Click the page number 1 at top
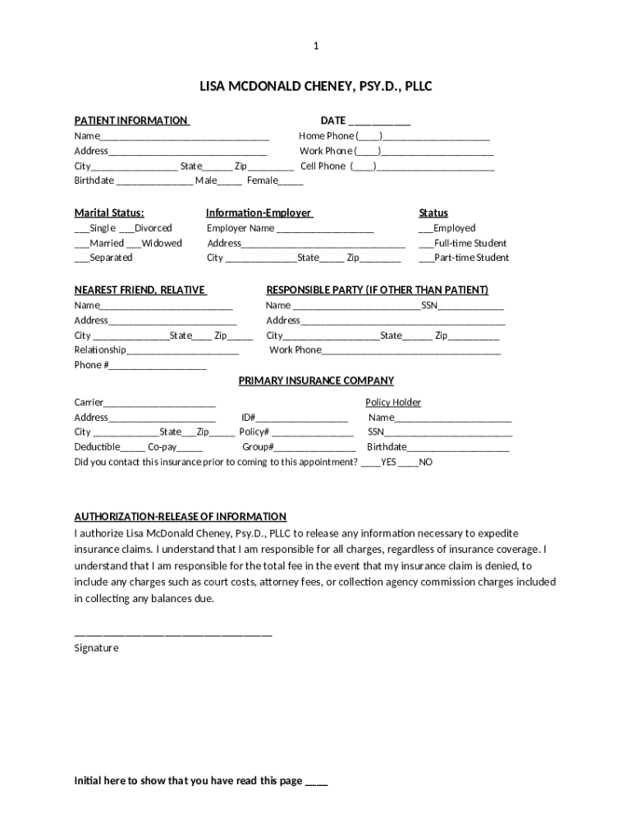pyautogui.click(x=316, y=47)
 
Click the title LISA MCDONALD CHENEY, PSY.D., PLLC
pyautogui.click(x=316, y=86)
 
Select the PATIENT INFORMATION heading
pyautogui.click(x=131, y=121)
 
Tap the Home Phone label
pyautogui.click(x=326, y=136)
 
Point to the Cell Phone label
pyautogui.click(x=323, y=166)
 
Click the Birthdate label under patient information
pyautogui.click(x=94, y=180)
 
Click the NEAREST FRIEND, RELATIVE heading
pyautogui.click(x=140, y=290)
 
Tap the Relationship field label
pyautogui.click(x=100, y=350)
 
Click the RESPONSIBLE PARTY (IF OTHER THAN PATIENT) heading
pyautogui.click(x=377, y=290)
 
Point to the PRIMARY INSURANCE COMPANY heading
pyautogui.click(x=316, y=381)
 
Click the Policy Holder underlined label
pyautogui.click(x=392, y=403)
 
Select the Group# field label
pyautogui.click(x=258, y=447)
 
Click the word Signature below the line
pyautogui.click(x=96, y=648)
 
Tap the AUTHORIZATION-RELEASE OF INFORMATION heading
pyautogui.click(x=181, y=517)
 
